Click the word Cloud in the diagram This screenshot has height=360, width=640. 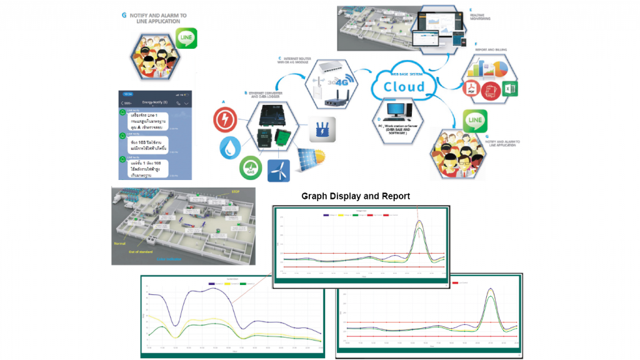[403, 87]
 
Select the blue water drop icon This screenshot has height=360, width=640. [230, 147]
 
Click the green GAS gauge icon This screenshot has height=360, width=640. [250, 168]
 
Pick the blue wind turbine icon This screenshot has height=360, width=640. [279, 170]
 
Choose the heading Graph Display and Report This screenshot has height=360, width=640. [356, 196]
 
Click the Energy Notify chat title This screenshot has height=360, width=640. [156, 102]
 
